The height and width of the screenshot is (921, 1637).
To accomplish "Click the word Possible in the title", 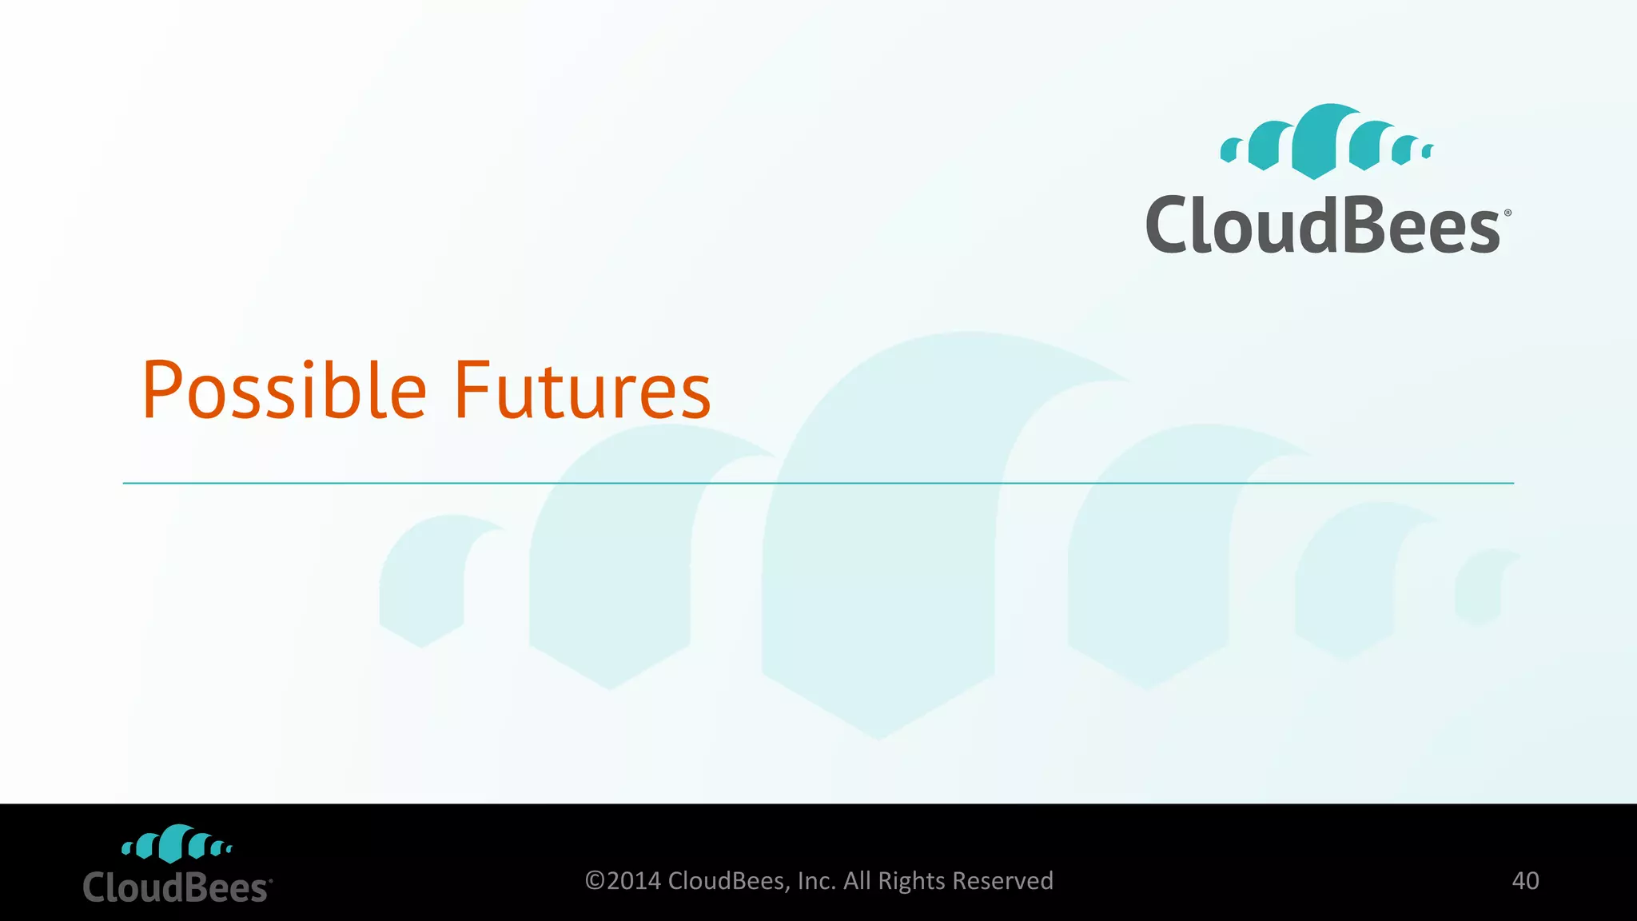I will pyautogui.click(x=284, y=391).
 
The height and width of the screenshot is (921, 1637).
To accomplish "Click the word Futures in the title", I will pyautogui.click(x=582, y=391).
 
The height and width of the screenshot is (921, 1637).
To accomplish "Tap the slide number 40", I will pyautogui.click(x=1525, y=880).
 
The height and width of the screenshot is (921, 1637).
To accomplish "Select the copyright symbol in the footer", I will pyautogui.click(x=595, y=881).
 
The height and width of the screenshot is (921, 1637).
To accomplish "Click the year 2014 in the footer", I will pyautogui.click(x=634, y=881).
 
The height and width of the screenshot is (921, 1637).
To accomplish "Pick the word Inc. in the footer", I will pyautogui.click(x=817, y=881).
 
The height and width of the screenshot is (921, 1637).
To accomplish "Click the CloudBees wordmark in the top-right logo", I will pyautogui.click(x=1324, y=225).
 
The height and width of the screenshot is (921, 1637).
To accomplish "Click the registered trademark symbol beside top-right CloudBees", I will pyautogui.click(x=1508, y=213).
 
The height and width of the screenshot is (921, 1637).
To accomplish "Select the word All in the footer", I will pyautogui.click(x=857, y=881).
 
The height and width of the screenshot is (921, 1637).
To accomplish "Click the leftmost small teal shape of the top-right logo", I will pyautogui.click(x=1231, y=150).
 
